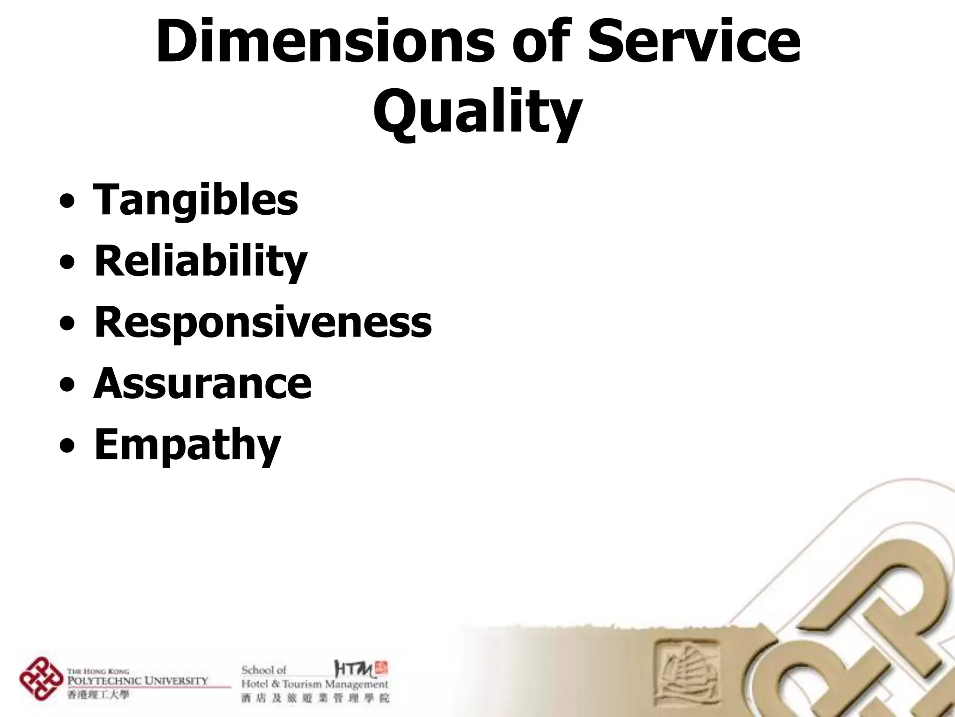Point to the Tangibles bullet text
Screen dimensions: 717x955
(196, 200)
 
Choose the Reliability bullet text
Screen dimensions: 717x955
(201, 261)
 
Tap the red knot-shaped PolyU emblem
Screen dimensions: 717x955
(41, 678)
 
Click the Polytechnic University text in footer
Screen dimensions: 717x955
(138, 681)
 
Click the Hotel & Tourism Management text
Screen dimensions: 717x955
(314, 685)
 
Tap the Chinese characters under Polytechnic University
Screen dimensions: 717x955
(98, 695)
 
